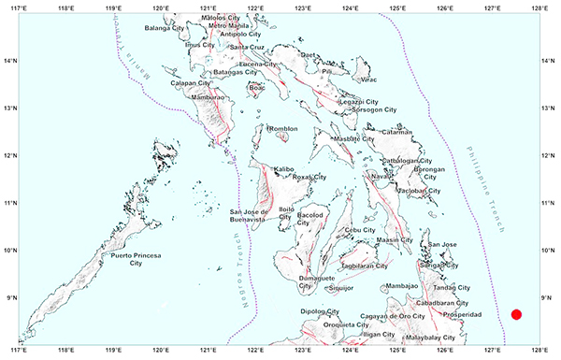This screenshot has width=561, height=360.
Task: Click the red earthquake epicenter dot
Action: point(517,314)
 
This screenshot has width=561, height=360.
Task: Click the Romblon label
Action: point(283,129)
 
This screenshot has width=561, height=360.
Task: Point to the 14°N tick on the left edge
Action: point(9,60)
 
